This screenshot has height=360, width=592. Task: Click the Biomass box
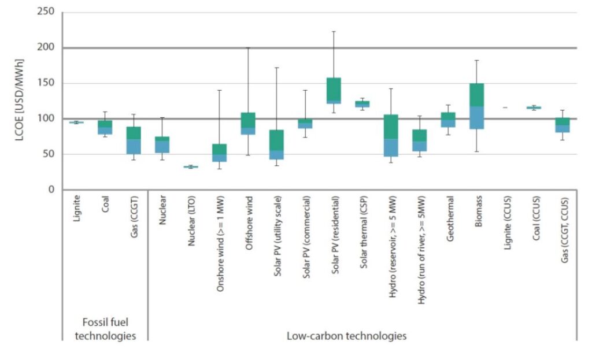pos(476,106)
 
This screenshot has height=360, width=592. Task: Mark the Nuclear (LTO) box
pos(191,167)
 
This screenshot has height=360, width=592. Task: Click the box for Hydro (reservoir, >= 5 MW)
pos(391,135)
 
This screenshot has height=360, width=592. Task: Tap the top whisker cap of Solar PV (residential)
pos(334,31)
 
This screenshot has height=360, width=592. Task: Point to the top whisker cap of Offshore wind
pos(248,47)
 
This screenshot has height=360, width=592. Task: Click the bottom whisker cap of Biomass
pos(476,151)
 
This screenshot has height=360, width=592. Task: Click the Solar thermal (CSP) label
pos(362,232)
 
